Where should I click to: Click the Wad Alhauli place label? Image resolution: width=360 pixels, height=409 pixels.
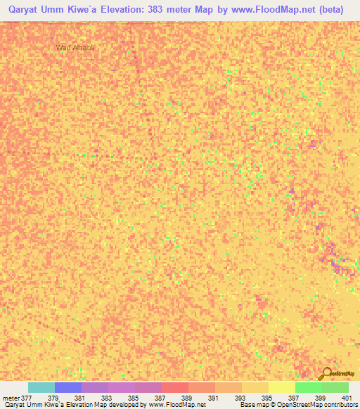click(x=75, y=48)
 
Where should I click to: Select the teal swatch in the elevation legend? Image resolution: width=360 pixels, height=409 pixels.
click(x=41, y=387)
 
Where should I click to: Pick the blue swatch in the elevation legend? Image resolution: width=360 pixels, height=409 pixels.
click(x=68, y=387)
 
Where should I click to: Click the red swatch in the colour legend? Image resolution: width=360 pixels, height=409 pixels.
click(x=174, y=387)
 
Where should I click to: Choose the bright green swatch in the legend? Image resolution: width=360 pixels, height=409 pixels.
click(x=308, y=387)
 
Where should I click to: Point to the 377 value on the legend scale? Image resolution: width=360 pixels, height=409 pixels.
click(x=21, y=398)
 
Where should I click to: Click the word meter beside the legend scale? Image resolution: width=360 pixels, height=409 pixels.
click(x=9, y=398)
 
